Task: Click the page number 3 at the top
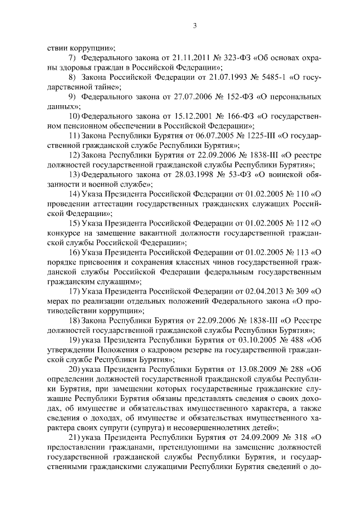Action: (194, 25)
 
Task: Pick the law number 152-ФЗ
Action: (224, 96)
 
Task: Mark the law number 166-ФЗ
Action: (223, 116)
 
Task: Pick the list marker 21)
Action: (73, 438)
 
